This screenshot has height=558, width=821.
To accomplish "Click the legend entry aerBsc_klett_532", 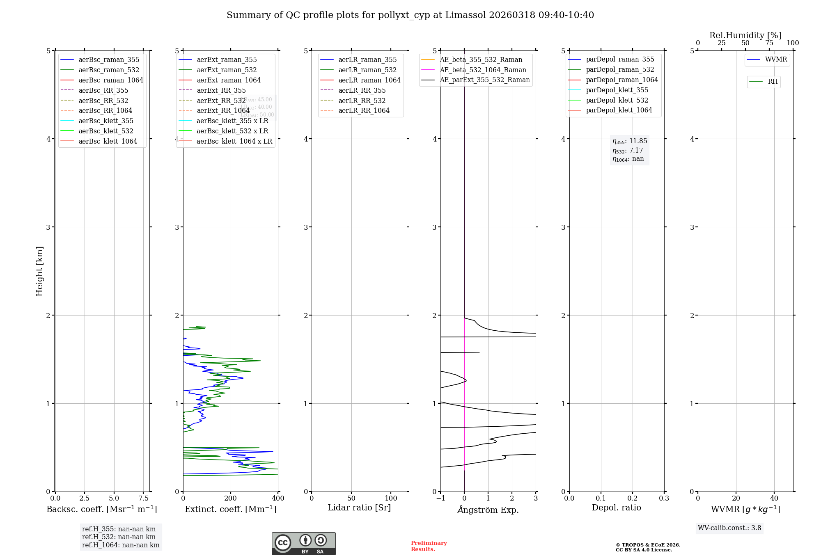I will pos(105,131).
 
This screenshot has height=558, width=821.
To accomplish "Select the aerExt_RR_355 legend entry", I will pos(221,91).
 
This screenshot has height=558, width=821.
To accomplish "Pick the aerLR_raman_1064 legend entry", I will pos(369,80).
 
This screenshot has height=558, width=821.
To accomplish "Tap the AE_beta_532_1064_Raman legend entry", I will pos(483,70).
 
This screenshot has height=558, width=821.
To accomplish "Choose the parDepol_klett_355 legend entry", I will pos(617,90).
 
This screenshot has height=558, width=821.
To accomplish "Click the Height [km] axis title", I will pos(39,271).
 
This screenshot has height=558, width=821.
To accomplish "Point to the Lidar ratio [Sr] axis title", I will pos(359,508).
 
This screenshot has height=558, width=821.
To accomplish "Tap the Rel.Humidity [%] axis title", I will pos(745,35).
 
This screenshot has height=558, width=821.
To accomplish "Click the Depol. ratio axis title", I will pos(616,508).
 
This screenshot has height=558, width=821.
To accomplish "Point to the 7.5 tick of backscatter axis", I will pos(143,499).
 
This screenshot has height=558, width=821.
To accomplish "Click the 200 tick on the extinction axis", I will pos(231,499).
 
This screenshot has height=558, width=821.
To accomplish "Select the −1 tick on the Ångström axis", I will pos(440,499).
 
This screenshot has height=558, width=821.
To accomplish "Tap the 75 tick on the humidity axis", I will pos(769,43).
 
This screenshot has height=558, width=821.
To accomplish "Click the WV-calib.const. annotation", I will pos(729,528).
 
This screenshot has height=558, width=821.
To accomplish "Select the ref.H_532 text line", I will pos(119,537).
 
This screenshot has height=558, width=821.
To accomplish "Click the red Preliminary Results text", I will pos(429,546).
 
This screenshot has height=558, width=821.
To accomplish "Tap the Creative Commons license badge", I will pos(303,544).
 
